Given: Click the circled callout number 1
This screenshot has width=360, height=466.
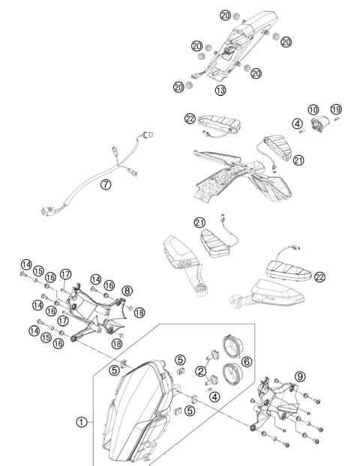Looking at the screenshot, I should click(x=80, y=423).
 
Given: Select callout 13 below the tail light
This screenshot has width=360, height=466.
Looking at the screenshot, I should click(x=220, y=90).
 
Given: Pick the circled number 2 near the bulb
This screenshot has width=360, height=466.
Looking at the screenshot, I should click(x=200, y=371).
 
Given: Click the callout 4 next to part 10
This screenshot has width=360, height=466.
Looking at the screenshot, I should click(x=298, y=124).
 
